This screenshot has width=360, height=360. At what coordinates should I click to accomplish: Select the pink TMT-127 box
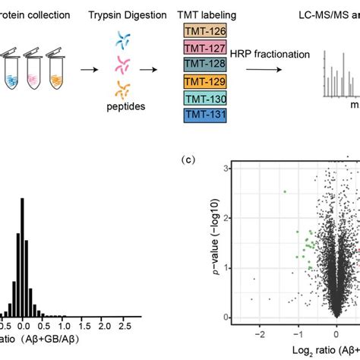coord(201,49)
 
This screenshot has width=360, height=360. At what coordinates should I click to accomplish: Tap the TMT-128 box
coord(201,65)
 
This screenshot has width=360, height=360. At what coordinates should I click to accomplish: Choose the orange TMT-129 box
coord(201,82)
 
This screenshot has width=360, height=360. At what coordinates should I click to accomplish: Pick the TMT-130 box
coord(201,99)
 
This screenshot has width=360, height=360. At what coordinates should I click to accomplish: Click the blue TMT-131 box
coord(201,115)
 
